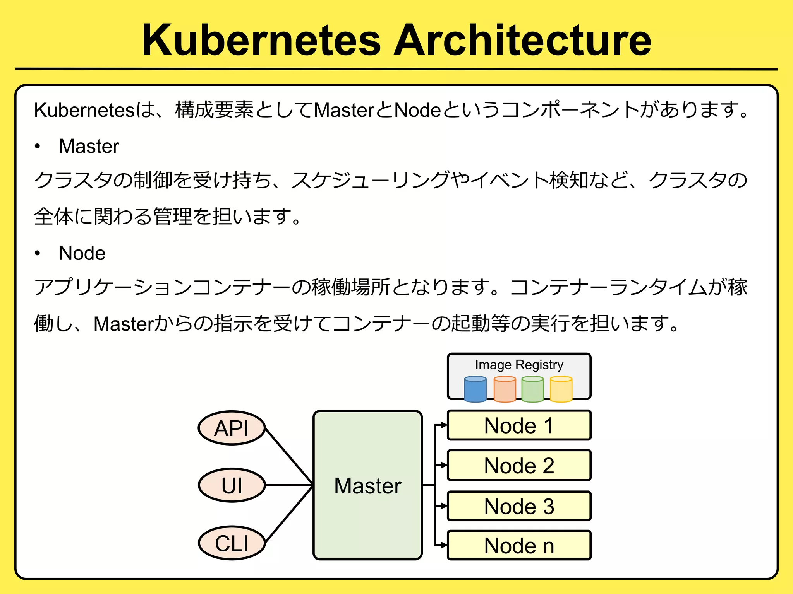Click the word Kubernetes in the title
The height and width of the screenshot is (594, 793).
coord(262,40)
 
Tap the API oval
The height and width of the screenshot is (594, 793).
coord(232,428)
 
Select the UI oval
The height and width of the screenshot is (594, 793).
coord(232,485)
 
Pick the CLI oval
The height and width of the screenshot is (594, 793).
coord(232,543)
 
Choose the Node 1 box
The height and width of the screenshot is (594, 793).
coord(519,425)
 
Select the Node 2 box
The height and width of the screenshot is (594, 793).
coord(519,465)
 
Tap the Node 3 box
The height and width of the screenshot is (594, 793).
coord(519,506)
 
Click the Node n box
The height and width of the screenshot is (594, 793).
coord(519,546)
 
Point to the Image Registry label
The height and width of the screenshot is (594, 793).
coord(519,365)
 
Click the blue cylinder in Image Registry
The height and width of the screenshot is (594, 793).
coord(475,390)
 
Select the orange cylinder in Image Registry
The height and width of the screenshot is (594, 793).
coord(505,390)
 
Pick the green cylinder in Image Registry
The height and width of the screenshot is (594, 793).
coord(532,390)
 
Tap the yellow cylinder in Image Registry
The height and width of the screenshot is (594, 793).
coord(561,390)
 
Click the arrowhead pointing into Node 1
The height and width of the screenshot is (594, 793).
coord(444,425)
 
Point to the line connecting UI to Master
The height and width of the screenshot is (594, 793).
coord(288,485)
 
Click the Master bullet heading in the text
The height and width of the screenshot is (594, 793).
coord(89,146)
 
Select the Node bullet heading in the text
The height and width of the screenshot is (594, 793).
coord(82,253)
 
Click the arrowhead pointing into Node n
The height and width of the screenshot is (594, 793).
coord(444,545)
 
